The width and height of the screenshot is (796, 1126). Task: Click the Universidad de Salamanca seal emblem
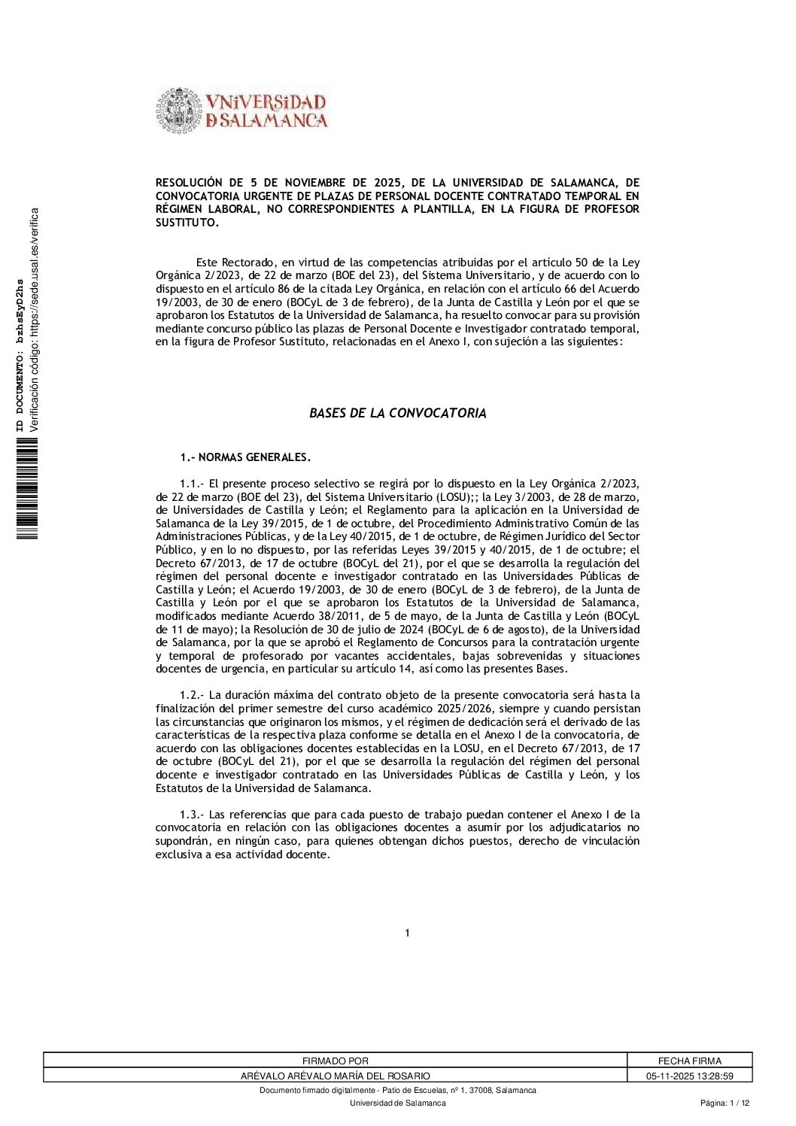pyautogui.click(x=178, y=111)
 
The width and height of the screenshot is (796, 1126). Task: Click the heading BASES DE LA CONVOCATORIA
pyautogui.click(x=397, y=413)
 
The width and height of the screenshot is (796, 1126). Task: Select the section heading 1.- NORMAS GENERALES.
pyautogui.click(x=245, y=457)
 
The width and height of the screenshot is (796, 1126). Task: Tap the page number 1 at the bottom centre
pyautogui.click(x=407, y=933)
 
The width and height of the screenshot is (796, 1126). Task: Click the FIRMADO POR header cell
pyautogui.click(x=335, y=1061)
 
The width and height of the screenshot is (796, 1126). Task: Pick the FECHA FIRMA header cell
pyautogui.click(x=689, y=1061)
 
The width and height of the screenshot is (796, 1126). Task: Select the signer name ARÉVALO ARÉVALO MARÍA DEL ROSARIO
pyautogui.click(x=335, y=1076)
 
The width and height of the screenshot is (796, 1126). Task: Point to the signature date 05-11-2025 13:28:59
pyautogui.click(x=689, y=1076)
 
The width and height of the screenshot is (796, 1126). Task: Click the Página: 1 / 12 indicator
pyautogui.click(x=725, y=1103)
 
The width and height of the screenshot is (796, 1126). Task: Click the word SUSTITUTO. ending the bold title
pyautogui.click(x=187, y=223)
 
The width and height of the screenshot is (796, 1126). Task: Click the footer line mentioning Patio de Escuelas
pyautogui.click(x=397, y=1091)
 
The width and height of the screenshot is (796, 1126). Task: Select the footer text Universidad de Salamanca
pyautogui.click(x=397, y=1103)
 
